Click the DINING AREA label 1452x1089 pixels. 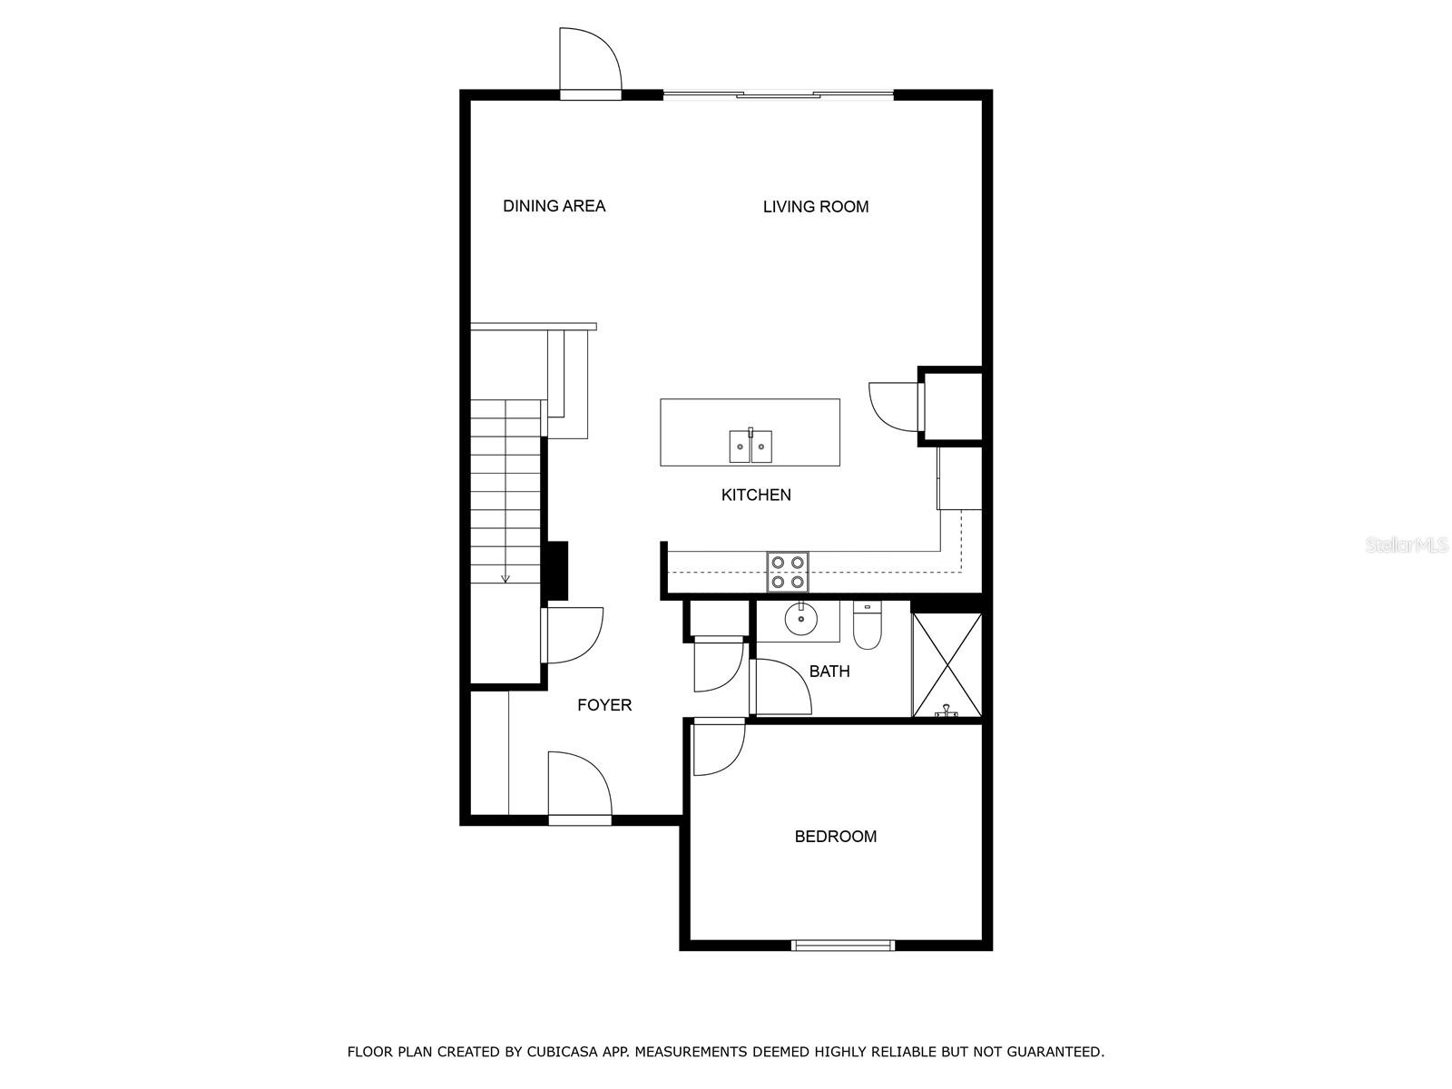click(x=554, y=206)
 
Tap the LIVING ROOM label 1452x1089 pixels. click(x=815, y=207)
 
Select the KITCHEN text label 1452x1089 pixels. click(x=755, y=495)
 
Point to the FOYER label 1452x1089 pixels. click(x=604, y=705)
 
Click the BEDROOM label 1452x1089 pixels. click(x=835, y=837)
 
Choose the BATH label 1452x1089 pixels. click(x=829, y=672)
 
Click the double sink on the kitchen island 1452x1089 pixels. click(x=751, y=446)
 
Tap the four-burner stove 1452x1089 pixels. click(x=787, y=572)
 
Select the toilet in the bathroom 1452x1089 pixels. click(x=868, y=626)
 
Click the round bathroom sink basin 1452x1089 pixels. click(x=801, y=622)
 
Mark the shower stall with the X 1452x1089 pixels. click(x=947, y=665)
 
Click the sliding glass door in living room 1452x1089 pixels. click(x=778, y=93)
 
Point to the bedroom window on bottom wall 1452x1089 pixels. click(x=843, y=945)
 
